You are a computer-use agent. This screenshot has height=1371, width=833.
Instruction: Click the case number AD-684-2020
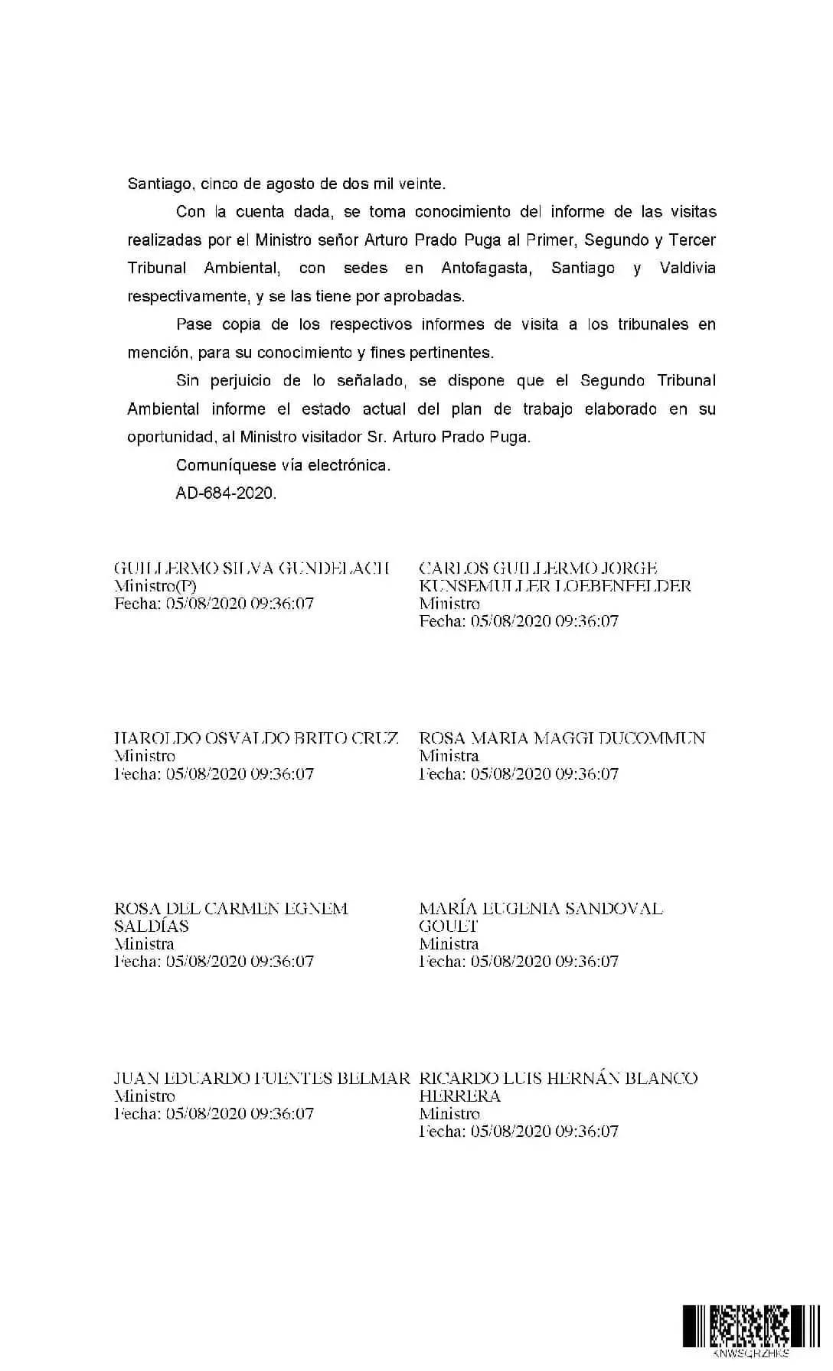pyautogui.click(x=226, y=493)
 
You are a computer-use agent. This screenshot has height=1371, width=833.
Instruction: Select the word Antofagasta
pyautogui.click(x=486, y=269)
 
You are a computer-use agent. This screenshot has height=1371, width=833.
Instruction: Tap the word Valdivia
pyautogui.click(x=687, y=269)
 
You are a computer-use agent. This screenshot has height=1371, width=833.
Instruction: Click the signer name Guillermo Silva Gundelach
pyautogui.click(x=252, y=568)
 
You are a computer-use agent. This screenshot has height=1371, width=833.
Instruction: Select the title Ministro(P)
pyautogui.click(x=155, y=586)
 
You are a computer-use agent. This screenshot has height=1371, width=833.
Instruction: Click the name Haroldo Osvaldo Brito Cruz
pyautogui.click(x=256, y=738)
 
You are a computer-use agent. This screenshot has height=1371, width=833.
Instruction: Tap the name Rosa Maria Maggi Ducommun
pyautogui.click(x=562, y=738)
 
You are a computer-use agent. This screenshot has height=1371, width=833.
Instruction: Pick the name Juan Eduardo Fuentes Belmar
pyautogui.click(x=262, y=1079)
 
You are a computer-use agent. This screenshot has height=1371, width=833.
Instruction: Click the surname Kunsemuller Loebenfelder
pyautogui.click(x=555, y=586)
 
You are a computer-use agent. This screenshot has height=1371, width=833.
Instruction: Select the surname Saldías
pyautogui.click(x=152, y=926)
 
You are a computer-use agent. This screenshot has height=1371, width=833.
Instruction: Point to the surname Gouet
pyautogui.click(x=449, y=926)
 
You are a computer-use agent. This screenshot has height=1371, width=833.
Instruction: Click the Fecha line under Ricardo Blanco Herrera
pyautogui.click(x=518, y=1132)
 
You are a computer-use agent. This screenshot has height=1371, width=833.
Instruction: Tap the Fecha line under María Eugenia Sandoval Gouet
pyautogui.click(x=518, y=962)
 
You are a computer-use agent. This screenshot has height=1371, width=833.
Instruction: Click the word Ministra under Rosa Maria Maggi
pyautogui.click(x=449, y=756)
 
